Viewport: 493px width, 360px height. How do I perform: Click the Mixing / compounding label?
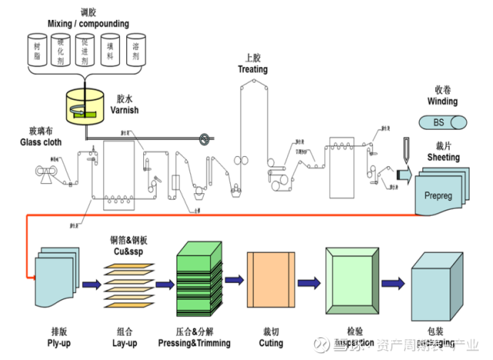click(x=88, y=24)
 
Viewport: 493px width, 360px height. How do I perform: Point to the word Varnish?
click(x=125, y=110)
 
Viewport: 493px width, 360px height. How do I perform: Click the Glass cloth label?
click(x=41, y=143)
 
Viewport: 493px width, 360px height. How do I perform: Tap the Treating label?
click(x=253, y=70)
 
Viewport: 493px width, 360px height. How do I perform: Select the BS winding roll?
click(x=440, y=123)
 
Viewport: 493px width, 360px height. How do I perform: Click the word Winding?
click(x=442, y=102)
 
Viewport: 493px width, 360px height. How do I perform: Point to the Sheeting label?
click(x=443, y=158)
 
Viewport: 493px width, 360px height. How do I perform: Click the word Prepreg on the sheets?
click(x=437, y=195)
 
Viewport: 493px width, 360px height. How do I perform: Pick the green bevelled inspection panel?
click(x=351, y=282)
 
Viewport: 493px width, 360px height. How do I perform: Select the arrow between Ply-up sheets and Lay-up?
click(x=91, y=284)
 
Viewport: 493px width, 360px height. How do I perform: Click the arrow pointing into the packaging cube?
click(x=393, y=283)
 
